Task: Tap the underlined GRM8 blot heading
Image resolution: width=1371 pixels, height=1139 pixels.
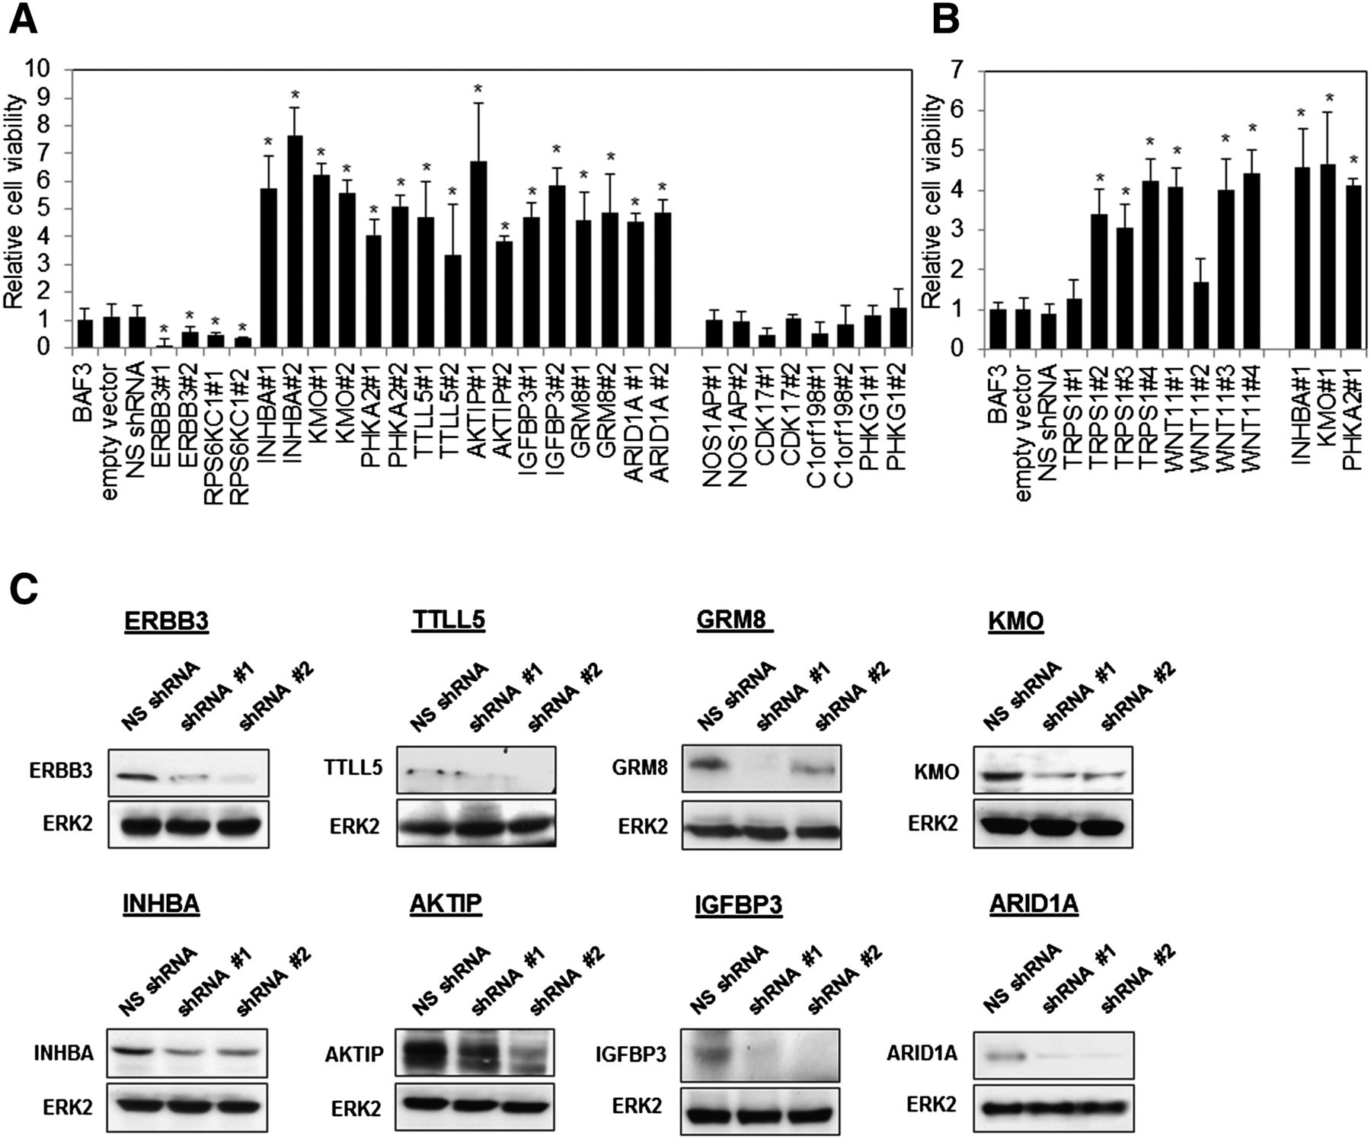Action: (x=734, y=621)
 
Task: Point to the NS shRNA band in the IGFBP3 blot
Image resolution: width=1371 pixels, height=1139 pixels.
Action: (x=711, y=1054)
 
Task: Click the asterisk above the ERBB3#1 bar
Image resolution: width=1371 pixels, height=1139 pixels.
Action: (x=163, y=330)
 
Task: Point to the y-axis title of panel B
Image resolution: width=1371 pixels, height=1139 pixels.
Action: (x=933, y=202)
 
